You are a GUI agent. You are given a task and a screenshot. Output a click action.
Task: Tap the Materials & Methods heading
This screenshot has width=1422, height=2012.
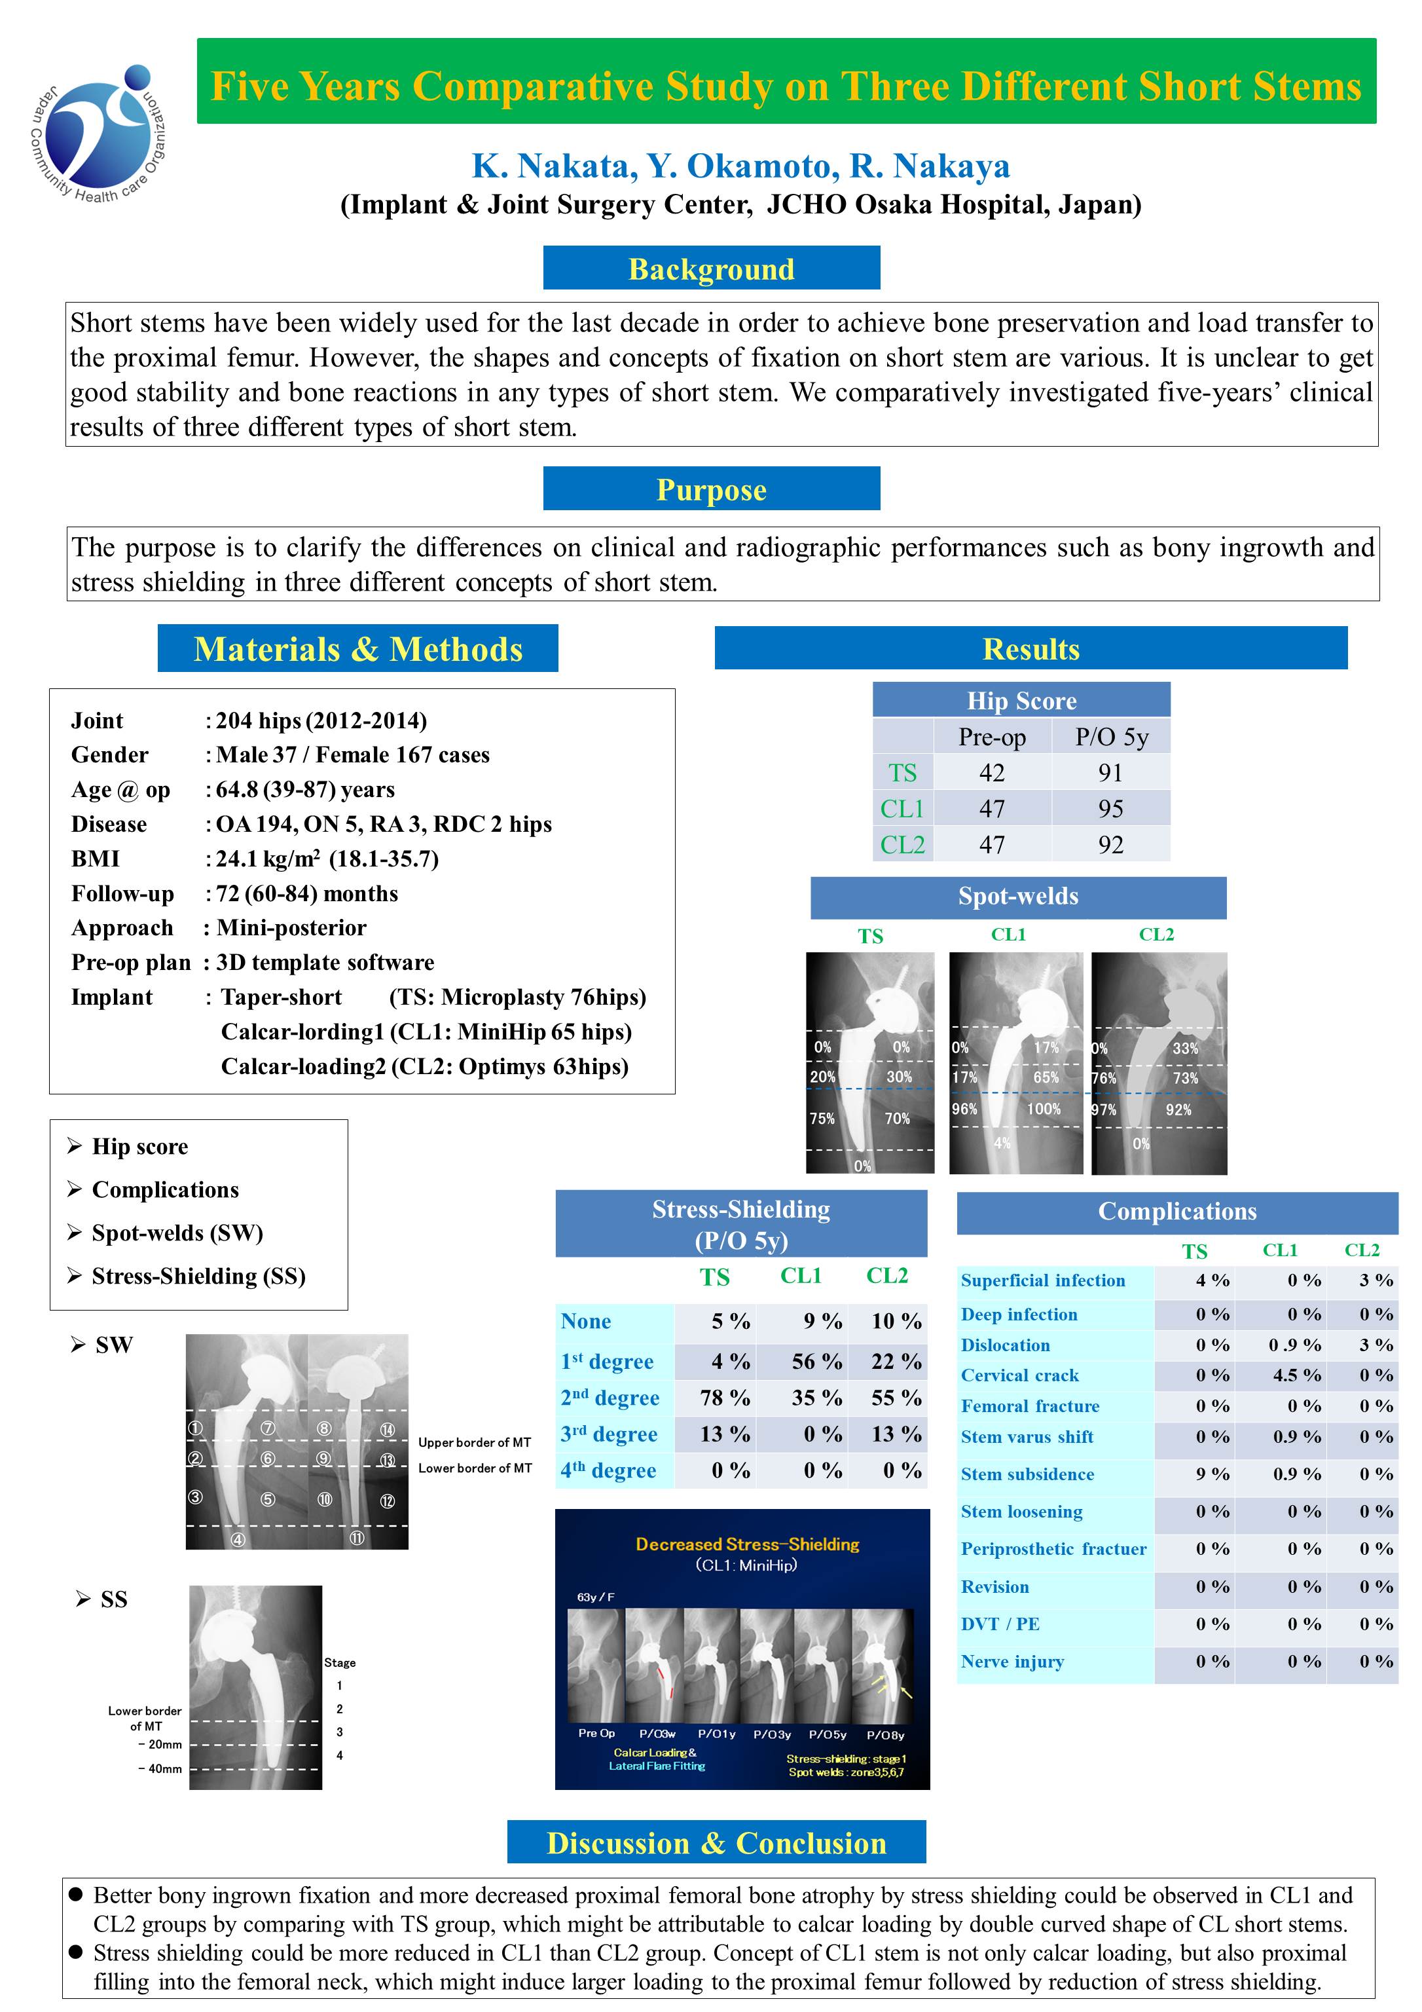(x=357, y=648)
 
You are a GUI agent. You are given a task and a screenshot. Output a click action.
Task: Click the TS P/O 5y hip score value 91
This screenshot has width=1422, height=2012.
(x=1110, y=772)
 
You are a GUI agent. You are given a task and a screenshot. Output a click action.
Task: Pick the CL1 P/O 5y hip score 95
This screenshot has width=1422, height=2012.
(x=1110, y=808)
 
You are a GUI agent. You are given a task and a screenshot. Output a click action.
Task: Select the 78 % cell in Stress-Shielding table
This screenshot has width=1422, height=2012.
(x=725, y=1398)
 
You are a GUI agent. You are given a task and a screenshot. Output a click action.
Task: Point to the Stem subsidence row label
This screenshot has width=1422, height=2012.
(x=1027, y=1474)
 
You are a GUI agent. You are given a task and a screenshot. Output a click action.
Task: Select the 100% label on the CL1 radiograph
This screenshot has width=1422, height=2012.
(x=1044, y=1109)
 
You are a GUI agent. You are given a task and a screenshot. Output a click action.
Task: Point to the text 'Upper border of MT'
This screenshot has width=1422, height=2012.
(x=474, y=1442)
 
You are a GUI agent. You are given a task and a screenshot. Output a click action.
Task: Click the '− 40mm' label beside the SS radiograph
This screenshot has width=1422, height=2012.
(x=160, y=1768)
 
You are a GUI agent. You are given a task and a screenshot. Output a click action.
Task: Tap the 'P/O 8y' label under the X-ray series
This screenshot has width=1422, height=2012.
(x=885, y=1734)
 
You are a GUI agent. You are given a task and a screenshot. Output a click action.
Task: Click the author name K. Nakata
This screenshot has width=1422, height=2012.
(x=549, y=166)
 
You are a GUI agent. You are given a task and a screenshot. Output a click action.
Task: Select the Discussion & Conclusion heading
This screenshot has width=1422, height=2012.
(x=716, y=1843)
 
